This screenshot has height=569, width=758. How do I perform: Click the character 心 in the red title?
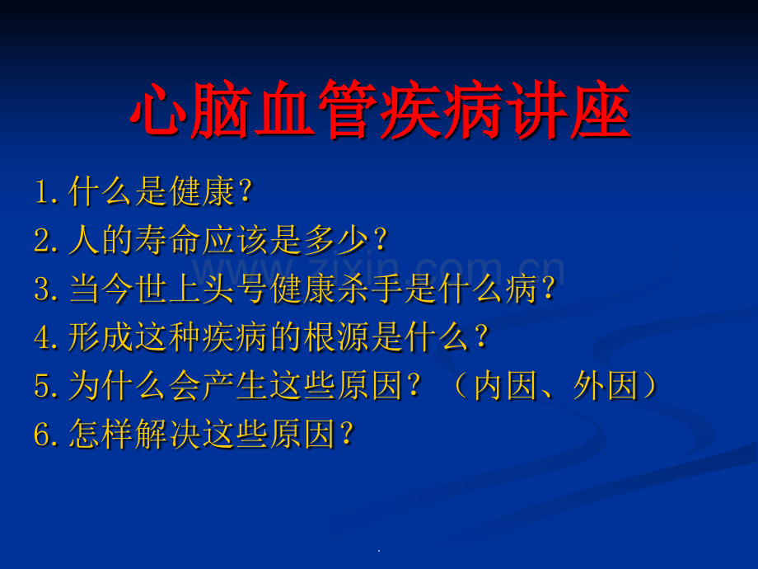(159, 110)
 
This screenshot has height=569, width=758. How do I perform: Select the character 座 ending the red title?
(601, 110)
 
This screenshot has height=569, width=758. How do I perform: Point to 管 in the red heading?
(348, 110)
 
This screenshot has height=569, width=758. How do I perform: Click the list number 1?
(43, 191)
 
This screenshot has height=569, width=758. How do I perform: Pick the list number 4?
(43, 336)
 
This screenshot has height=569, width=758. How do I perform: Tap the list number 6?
(43, 434)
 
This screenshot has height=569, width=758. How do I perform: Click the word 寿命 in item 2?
(168, 240)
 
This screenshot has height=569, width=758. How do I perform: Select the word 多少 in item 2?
(335, 240)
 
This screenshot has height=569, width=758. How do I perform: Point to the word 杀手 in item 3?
(369, 289)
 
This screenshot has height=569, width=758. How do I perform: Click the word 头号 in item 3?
(235, 289)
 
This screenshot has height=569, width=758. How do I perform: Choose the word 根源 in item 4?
(335, 337)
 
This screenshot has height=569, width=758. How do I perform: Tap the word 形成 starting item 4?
(101, 337)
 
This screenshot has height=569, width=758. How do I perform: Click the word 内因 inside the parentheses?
(506, 386)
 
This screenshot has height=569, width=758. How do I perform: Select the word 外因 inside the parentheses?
(606, 386)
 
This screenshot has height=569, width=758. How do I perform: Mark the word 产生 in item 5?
(235, 386)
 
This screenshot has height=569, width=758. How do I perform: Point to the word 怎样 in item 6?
(101, 434)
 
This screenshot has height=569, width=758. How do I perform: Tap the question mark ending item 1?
(246, 191)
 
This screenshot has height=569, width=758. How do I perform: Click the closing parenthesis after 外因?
(651, 386)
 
